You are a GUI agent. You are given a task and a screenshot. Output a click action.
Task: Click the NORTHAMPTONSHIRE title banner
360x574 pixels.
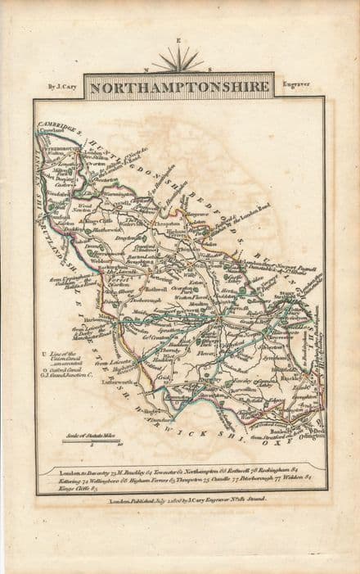click(x=180, y=85)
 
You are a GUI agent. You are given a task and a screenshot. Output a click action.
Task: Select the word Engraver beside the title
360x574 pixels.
click(x=298, y=83)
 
